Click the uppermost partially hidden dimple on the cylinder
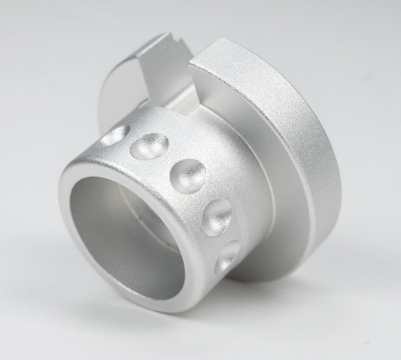(x=113, y=136)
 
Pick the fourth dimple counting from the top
(x=218, y=215)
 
